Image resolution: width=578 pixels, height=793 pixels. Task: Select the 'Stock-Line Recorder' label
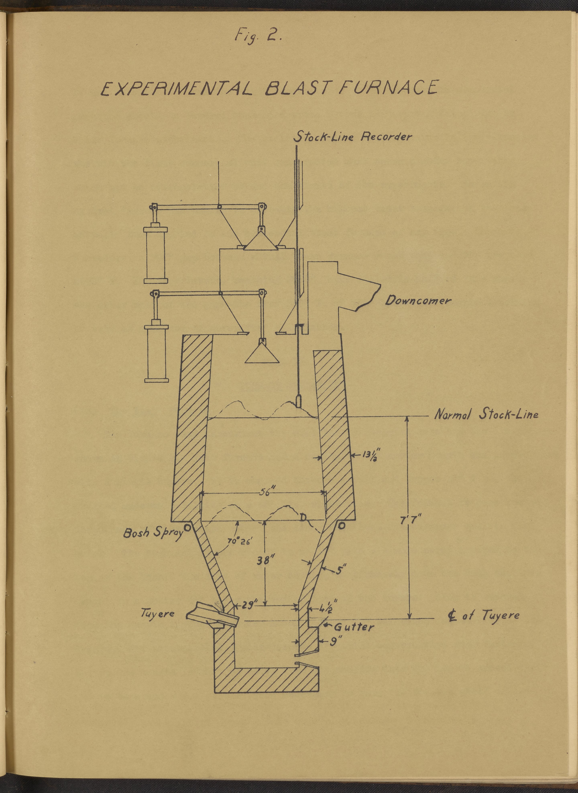[353, 137]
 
